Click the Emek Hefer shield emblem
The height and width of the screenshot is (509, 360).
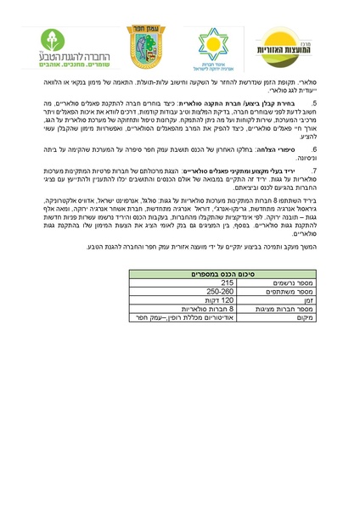(142, 42)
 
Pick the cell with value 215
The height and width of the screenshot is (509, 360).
(227, 282)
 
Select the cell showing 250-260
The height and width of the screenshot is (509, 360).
(227, 291)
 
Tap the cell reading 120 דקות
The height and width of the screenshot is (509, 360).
(227, 299)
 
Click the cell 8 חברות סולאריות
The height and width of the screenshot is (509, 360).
(227, 309)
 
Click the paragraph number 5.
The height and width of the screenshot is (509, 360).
(316, 102)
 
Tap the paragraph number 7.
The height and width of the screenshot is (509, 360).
(316, 171)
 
